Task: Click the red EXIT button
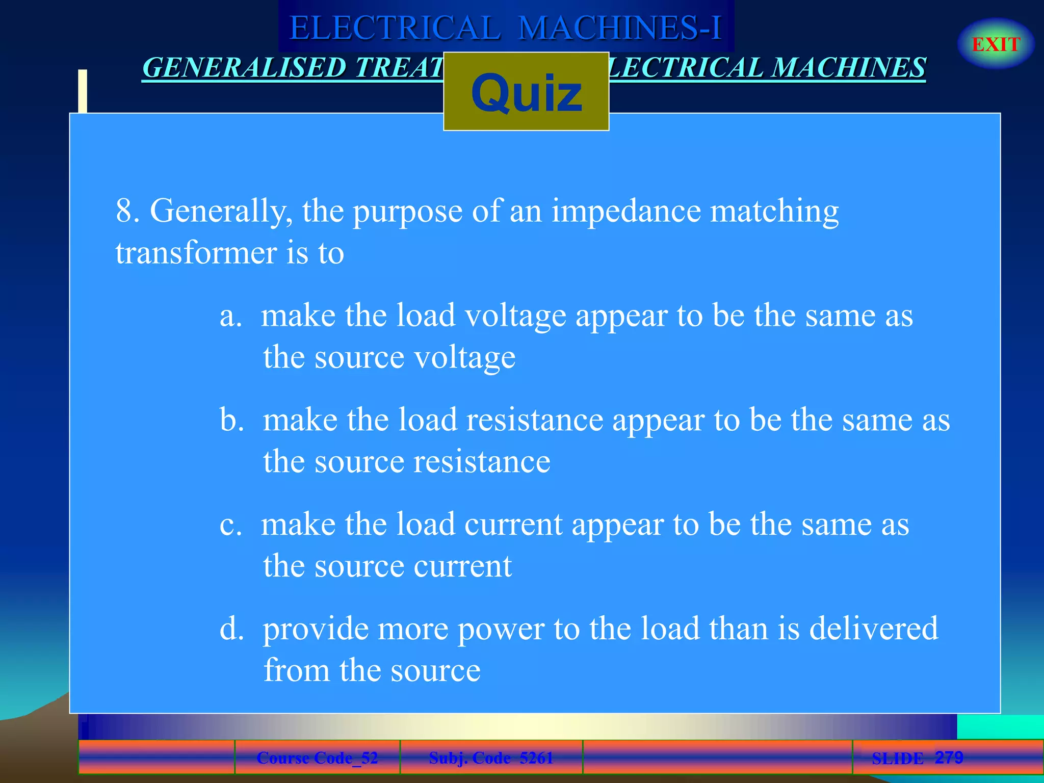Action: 996,44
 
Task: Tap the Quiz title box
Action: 526,92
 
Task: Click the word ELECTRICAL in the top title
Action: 395,28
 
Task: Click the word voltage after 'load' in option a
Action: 516,316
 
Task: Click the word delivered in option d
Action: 873,629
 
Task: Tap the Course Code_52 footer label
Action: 317,758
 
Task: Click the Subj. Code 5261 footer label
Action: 491,758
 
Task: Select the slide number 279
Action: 949,757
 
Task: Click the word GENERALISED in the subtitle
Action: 244,68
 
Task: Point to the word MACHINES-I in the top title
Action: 620,28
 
